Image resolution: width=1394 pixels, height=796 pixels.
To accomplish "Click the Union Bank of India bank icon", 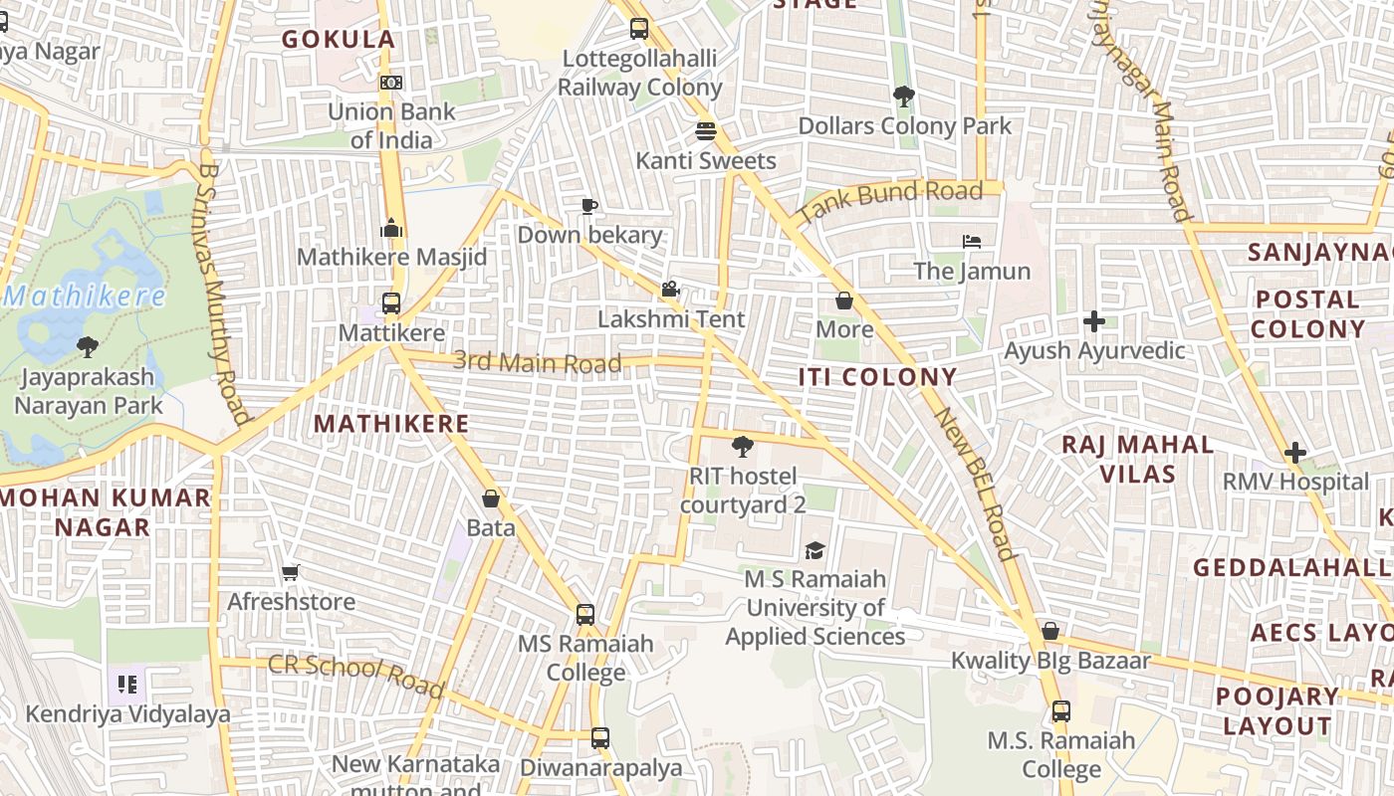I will pos(391,83).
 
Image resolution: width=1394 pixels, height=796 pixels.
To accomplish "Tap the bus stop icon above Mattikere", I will pos(391,303).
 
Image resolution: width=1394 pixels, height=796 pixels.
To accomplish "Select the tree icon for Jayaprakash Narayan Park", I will pos(88,347).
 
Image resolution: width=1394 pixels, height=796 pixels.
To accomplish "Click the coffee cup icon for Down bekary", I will pos(589,206).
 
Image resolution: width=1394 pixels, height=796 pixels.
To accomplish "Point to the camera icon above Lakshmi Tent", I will pos(670,290).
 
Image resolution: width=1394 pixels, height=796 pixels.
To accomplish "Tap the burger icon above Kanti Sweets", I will pos(706,131).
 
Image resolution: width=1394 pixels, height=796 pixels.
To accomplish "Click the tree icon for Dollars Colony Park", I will pos(904,97).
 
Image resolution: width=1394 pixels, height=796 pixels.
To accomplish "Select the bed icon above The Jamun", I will pos(972,242).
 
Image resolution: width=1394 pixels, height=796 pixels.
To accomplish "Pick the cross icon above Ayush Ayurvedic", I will pos(1094,321).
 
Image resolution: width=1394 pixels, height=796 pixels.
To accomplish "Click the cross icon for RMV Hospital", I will pos(1294,453).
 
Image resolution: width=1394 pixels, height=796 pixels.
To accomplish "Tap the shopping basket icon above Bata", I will pos(490,498).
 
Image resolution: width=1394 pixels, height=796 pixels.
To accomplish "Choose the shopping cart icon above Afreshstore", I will pos(291,572).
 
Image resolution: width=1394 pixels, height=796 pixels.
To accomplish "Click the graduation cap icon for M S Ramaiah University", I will pos(814,550).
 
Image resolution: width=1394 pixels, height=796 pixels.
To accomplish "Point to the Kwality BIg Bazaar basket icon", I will pos(1049,631).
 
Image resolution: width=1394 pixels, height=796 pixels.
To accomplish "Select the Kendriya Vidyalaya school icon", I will pos(126,685).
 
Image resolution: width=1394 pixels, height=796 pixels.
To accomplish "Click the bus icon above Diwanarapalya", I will pos(599,738).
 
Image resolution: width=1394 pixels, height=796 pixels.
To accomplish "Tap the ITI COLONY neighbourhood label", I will pos(877,377).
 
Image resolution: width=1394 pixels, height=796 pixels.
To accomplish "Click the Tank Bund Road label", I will pos(890,201).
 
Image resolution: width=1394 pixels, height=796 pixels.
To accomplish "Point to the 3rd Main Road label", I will pos(537,361).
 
